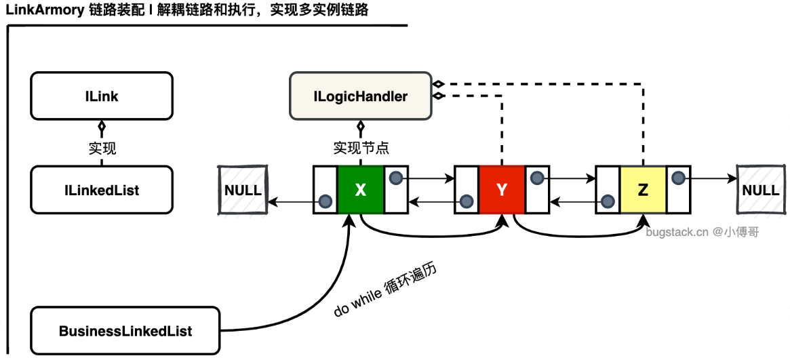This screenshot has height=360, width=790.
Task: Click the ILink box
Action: coord(102,96)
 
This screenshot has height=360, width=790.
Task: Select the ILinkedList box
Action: coord(102,190)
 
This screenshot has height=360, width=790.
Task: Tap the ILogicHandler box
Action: coord(360,96)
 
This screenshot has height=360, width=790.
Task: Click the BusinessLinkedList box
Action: coord(125,331)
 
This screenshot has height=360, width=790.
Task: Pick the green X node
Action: coord(360,190)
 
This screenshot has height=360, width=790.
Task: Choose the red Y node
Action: coord(502,190)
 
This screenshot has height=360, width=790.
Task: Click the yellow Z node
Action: coord(643,190)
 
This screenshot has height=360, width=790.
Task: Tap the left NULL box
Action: coord(243,190)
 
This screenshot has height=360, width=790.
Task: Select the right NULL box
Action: coord(761,190)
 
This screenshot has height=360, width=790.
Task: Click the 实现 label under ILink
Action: coord(102,148)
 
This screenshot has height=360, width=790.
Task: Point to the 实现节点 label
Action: coord(361,148)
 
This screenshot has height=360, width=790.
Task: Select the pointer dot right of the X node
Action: coord(396,178)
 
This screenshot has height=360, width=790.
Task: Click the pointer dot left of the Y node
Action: coord(467,202)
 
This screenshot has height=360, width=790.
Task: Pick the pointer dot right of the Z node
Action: coord(678,178)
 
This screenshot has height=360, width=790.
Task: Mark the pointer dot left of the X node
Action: coord(325,202)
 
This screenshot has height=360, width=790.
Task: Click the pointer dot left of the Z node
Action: coord(608,202)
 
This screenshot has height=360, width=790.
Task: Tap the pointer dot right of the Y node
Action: coord(537,178)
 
